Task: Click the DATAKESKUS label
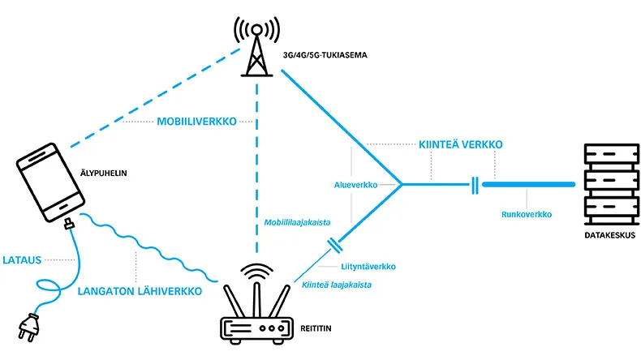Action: tap(609, 236)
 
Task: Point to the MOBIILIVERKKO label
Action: tap(196, 122)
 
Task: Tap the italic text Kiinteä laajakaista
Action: tap(330, 285)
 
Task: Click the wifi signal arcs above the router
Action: tap(256, 272)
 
